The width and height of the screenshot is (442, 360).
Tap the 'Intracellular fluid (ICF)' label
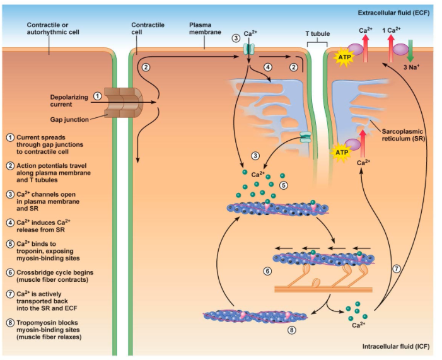click(x=395, y=347)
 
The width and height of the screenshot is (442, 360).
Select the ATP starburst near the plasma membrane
click(x=345, y=57)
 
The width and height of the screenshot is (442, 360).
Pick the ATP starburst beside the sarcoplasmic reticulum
click(x=342, y=152)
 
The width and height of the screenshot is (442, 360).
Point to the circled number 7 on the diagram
click(x=396, y=269)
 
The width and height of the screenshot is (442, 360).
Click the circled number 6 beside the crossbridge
click(x=267, y=271)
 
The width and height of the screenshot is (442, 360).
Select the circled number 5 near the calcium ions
click(x=283, y=186)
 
